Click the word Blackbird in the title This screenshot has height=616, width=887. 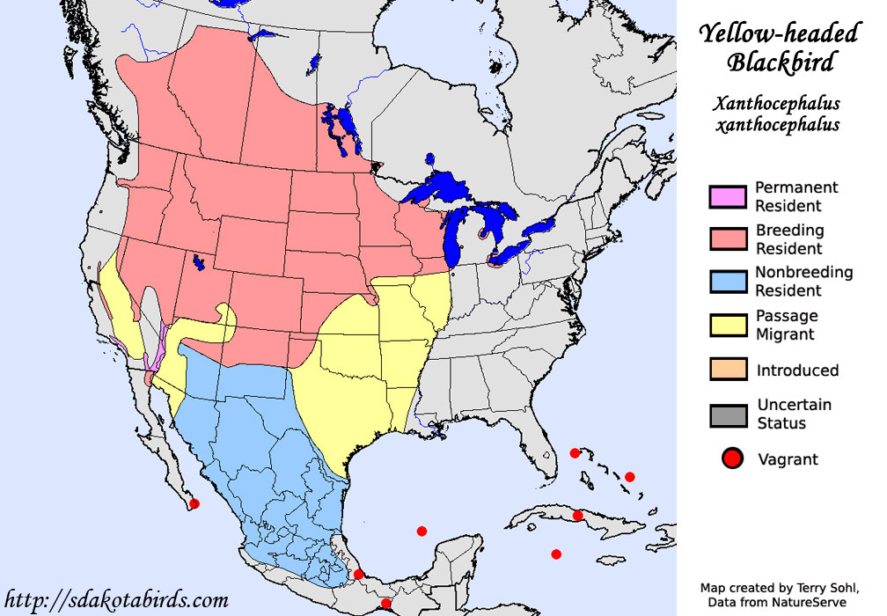[x=780, y=62]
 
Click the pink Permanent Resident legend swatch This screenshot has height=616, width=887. [x=727, y=197]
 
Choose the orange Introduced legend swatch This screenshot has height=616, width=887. [x=727, y=370]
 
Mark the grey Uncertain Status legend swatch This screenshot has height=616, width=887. [x=727, y=414]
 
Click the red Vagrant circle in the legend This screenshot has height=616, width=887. [x=732, y=458]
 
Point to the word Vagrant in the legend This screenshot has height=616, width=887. [x=788, y=459]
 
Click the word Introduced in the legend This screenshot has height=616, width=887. [x=797, y=370]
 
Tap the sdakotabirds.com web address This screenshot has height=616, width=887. [x=115, y=600]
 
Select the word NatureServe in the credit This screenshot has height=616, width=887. [x=808, y=603]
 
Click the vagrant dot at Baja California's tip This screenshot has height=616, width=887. [x=194, y=503]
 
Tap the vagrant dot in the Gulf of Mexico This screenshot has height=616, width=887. [x=422, y=531]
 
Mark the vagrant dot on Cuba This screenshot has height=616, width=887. [x=577, y=515]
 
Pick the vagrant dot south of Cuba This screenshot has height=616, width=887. [x=556, y=554]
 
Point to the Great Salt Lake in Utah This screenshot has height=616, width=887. [x=198, y=262]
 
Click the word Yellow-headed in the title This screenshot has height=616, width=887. [x=779, y=34]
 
